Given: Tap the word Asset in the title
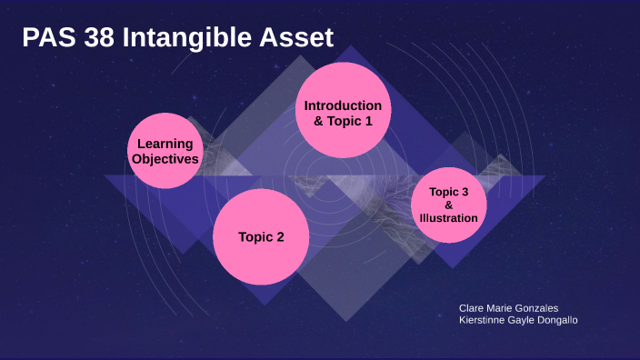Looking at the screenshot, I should pyautogui.click(x=296, y=37).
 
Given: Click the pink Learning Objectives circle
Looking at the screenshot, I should pyautogui.click(x=165, y=151).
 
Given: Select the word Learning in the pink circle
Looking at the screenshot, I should pyautogui.click(x=165, y=144).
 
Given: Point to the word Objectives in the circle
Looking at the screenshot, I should pyautogui.click(x=165, y=159).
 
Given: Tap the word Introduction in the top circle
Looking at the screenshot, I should pyautogui.click(x=344, y=105).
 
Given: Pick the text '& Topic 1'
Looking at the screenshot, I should pyautogui.click(x=344, y=121).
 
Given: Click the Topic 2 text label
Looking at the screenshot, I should pyautogui.click(x=261, y=237).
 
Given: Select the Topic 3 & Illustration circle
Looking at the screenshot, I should pyautogui.click(x=449, y=205).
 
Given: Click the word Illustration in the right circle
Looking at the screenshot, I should pyautogui.click(x=449, y=218).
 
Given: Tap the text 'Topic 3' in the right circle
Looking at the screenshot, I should pyautogui.click(x=449, y=192).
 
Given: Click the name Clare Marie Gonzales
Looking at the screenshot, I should pyautogui.click(x=509, y=308).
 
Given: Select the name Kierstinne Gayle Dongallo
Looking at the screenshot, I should pyautogui.click(x=518, y=320).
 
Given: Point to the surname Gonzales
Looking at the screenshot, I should pyautogui.click(x=538, y=308).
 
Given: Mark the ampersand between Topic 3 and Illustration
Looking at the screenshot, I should pyautogui.click(x=449, y=205).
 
